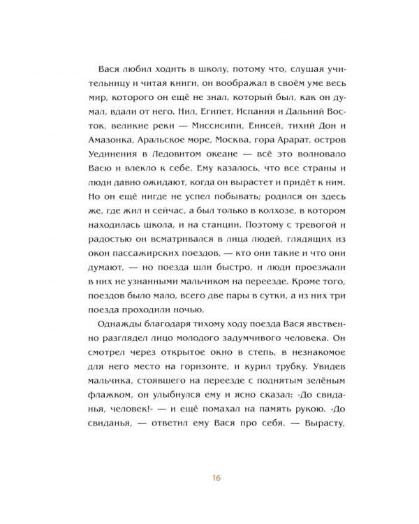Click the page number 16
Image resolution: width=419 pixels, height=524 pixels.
tap(209, 478)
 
